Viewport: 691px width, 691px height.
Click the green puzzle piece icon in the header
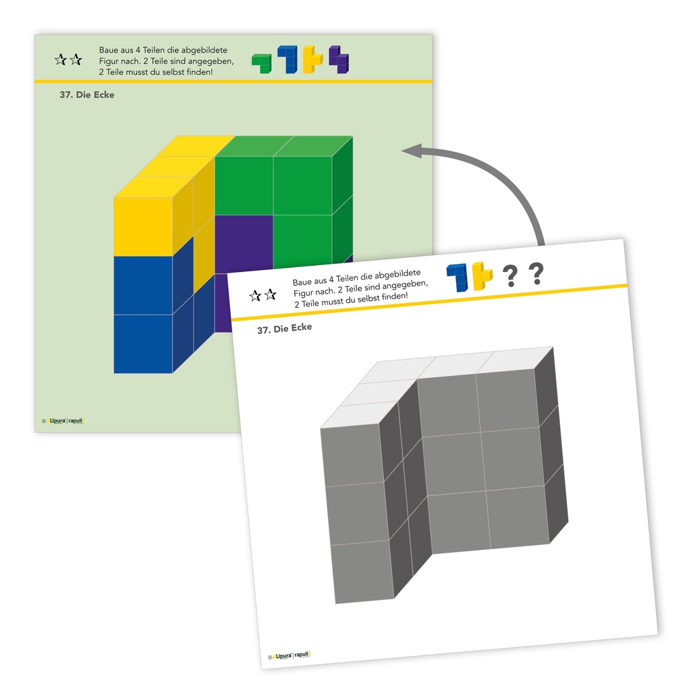[261, 63]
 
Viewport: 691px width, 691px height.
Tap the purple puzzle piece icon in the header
[339, 59]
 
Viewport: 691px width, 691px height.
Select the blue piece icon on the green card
[287, 59]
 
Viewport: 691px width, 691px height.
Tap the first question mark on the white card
[511, 275]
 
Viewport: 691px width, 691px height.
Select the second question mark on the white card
[536, 273]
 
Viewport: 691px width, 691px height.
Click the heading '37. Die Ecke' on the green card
[87, 95]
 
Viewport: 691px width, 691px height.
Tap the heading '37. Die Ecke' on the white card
[283, 328]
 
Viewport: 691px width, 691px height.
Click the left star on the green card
[60, 60]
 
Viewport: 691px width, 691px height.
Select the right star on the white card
[271, 294]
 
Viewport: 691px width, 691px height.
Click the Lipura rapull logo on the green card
[65, 421]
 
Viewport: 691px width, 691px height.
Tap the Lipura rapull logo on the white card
[290, 655]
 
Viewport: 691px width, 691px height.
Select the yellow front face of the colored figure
[142, 226]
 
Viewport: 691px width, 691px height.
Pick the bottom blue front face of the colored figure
[142, 343]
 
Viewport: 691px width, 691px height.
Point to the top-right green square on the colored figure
[302, 185]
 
